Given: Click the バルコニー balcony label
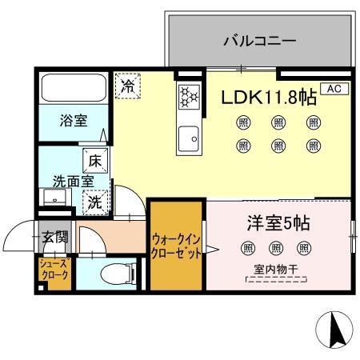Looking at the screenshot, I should [x=260, y=40].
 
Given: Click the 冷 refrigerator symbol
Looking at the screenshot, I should [x=126, y=86].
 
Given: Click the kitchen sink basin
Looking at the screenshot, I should [x=189, y=138].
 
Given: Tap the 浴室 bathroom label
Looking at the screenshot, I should [x=74, y=121].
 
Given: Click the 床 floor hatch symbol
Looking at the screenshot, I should [x=94, y=158].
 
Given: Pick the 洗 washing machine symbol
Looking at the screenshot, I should [x=94, y=203].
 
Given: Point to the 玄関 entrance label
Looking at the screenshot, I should [x=55, y=237].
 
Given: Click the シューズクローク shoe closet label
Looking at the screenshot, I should [x=54, y=270].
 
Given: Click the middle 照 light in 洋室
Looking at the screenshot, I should [x=276, y=248].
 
